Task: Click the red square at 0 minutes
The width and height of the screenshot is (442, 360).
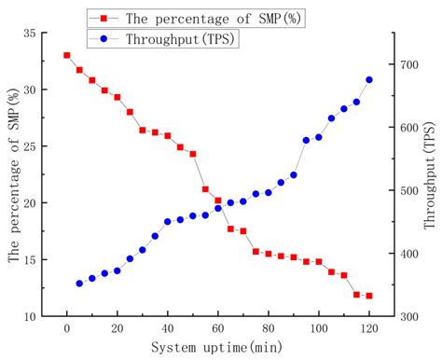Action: (x=66, y=55)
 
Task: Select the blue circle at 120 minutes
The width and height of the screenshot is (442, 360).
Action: (x=369, y=80)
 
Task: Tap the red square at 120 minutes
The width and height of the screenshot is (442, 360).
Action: (x=369, y=296)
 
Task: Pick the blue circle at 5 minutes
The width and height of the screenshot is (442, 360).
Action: (x=79, y=284)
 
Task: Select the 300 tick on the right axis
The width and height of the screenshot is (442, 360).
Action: (x=407, y=316)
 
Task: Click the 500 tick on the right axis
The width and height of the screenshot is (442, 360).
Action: (x=407, y=190)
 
